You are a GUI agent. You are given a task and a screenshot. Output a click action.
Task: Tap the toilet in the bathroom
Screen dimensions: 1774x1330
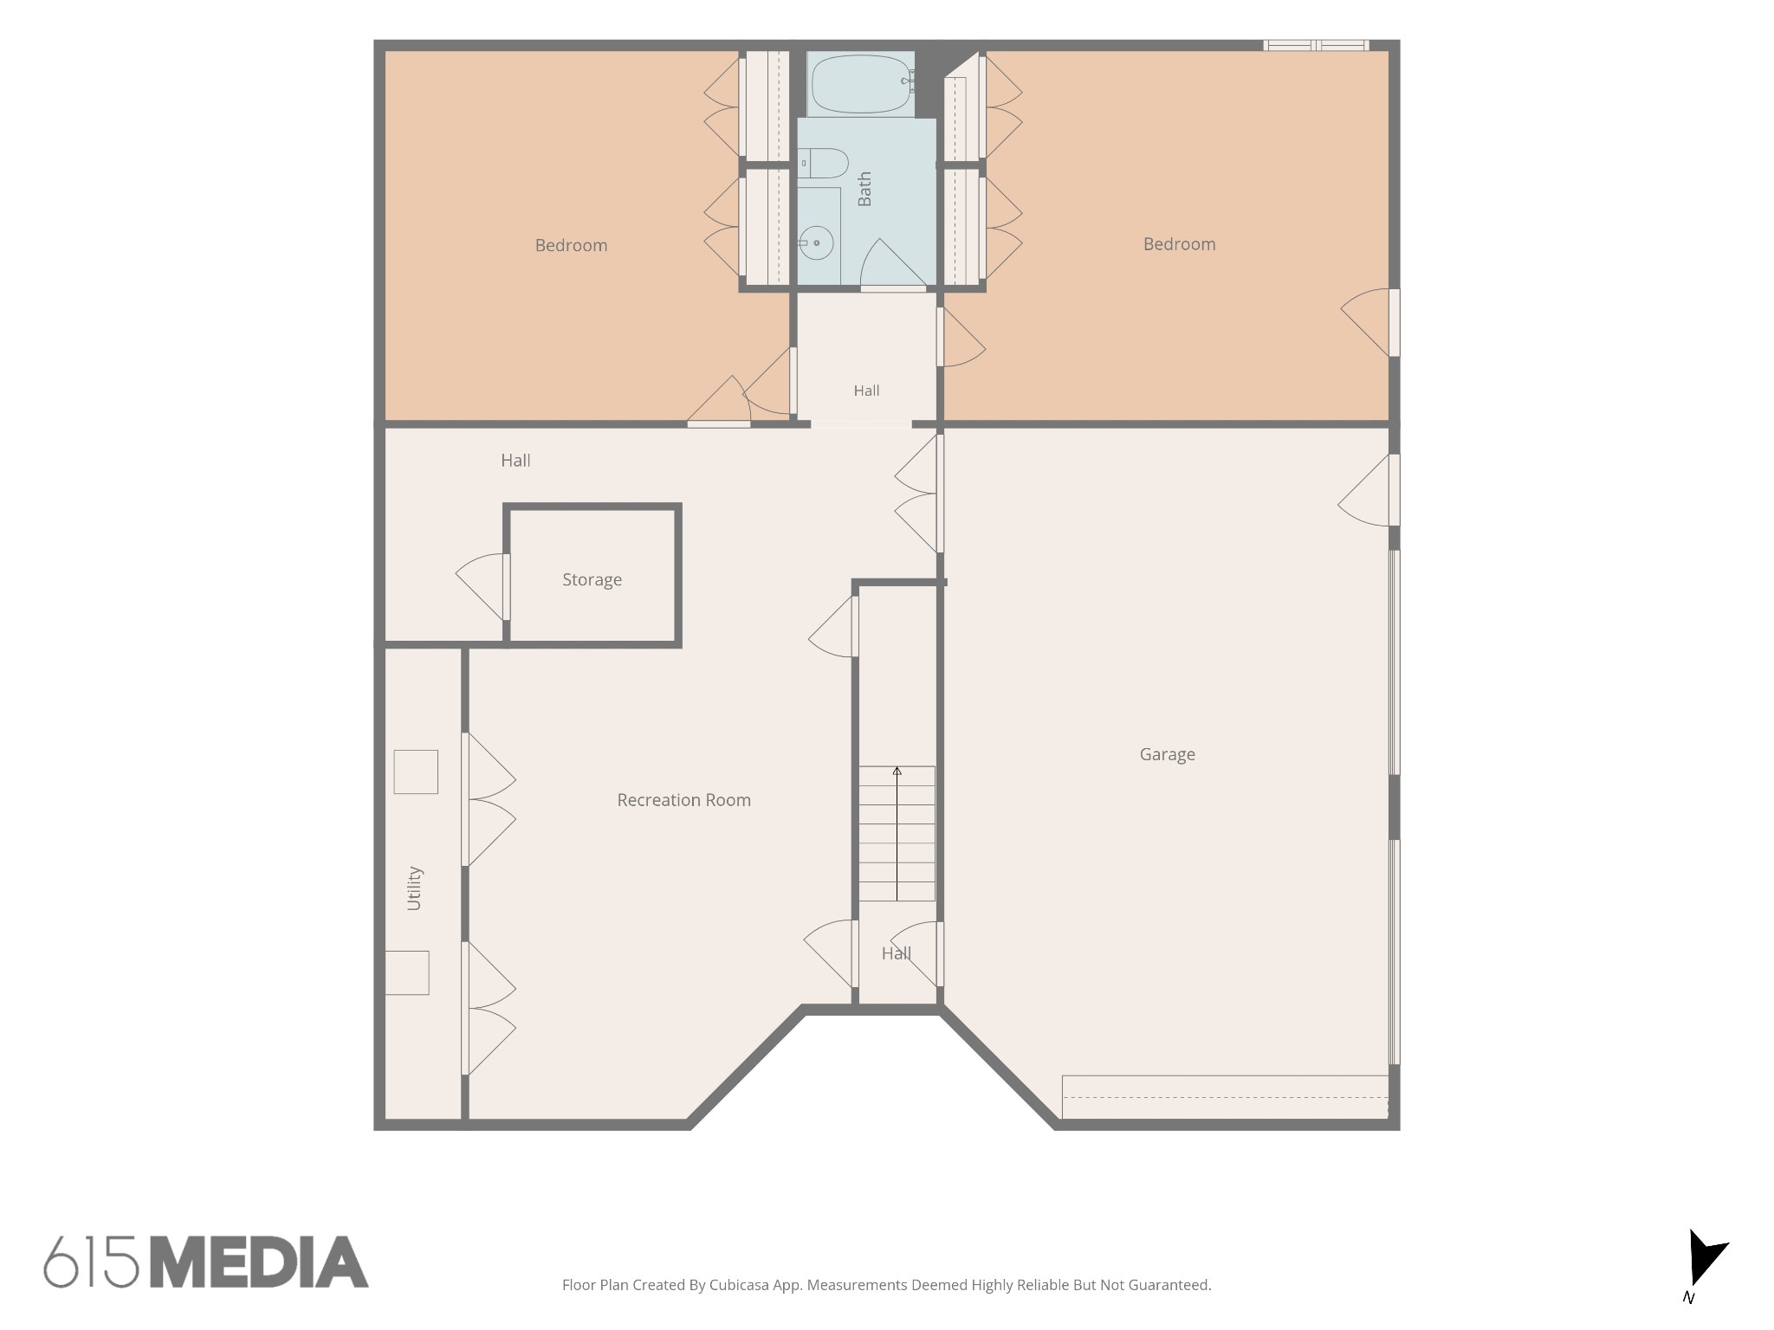(823, 163)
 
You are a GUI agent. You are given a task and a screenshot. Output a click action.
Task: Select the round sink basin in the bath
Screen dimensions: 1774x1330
(816, 243)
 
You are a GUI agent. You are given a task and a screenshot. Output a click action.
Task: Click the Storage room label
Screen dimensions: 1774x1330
(592, 579)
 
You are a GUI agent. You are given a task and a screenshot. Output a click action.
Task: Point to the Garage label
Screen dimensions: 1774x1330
(1167, 754)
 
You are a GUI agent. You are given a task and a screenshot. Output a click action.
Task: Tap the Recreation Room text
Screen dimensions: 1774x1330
(683, 800)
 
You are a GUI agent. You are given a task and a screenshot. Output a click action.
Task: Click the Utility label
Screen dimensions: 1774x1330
(414, 888)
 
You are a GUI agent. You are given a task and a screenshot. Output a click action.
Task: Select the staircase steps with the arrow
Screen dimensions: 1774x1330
(897, 834)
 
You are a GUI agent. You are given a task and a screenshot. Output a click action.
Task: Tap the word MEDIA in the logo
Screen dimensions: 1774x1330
(259, 1262)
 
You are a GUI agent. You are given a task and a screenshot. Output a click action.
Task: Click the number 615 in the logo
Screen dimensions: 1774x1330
(91, 1262)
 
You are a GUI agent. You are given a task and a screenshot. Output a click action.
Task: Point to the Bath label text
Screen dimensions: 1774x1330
(864, 189)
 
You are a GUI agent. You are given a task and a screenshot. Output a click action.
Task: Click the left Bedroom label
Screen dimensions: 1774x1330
(571, 245)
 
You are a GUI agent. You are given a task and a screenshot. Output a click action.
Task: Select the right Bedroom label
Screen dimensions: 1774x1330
(1179, 244)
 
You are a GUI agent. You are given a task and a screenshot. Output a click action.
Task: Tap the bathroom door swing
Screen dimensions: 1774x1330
(893, 263)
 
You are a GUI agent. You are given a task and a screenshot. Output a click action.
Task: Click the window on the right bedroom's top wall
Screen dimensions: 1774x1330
(1316, 45)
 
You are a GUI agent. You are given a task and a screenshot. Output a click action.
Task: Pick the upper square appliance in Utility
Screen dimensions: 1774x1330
(416, 772)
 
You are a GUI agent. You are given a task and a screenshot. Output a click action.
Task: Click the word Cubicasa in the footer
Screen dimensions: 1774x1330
(741, 1285)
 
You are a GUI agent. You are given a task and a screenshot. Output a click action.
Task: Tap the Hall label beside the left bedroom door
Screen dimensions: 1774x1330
(515, 461)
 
